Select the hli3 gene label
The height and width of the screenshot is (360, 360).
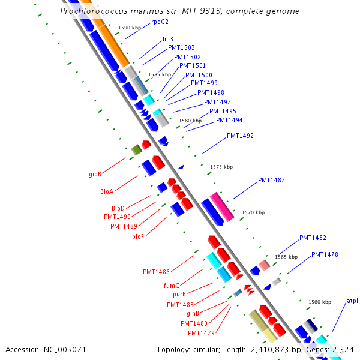point(167,39)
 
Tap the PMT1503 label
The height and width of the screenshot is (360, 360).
point(181,47)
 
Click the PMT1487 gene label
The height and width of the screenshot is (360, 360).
point(271,180)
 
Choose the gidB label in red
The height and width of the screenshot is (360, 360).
point(95,175)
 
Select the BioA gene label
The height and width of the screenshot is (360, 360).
point(107,191)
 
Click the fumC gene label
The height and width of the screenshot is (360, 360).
point(172,286)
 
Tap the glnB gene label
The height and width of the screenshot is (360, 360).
point(193,314)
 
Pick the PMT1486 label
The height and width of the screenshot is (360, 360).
point(156,272)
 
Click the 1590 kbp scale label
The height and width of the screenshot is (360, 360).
point(130,28)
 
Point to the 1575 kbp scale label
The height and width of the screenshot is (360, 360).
point(221,167)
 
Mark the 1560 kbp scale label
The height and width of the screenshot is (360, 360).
point(319,302)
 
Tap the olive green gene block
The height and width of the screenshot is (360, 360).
point(136,149)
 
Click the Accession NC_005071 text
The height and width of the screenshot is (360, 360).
point(46,349)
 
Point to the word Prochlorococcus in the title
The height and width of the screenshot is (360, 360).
point(91,11)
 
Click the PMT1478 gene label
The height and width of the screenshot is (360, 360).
point(325,255)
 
